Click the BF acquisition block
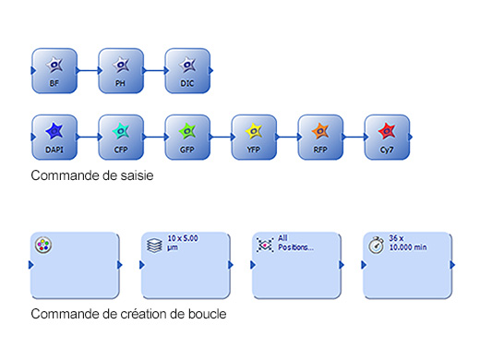pyautogui.click(x=54, y=70)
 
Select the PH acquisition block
pyautogui.click(x=120, y=70)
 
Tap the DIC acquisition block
pyautogui.click(x=186, y=70)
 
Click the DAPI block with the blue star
pyautogui.click(x=54, y=137)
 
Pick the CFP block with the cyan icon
pyautogui.click(x=120, y=137)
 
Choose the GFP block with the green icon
pyautogui.click(x=186, y=137)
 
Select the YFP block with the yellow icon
pyautogui.click(x=253, y=137)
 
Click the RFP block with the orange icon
pyautogui.click(x=319, y=137)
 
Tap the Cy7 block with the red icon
pyautogui.click(x=386, y=137)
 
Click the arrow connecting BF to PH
pyautogui.click(x=87, y=70)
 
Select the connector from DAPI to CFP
pyautogui.click(x=87, y=137)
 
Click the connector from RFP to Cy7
pyautogui.click(x=353, y=137)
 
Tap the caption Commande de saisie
pyautogui.click(x=91, y=174)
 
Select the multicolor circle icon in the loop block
pyautogui.click(x=44, y=246)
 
